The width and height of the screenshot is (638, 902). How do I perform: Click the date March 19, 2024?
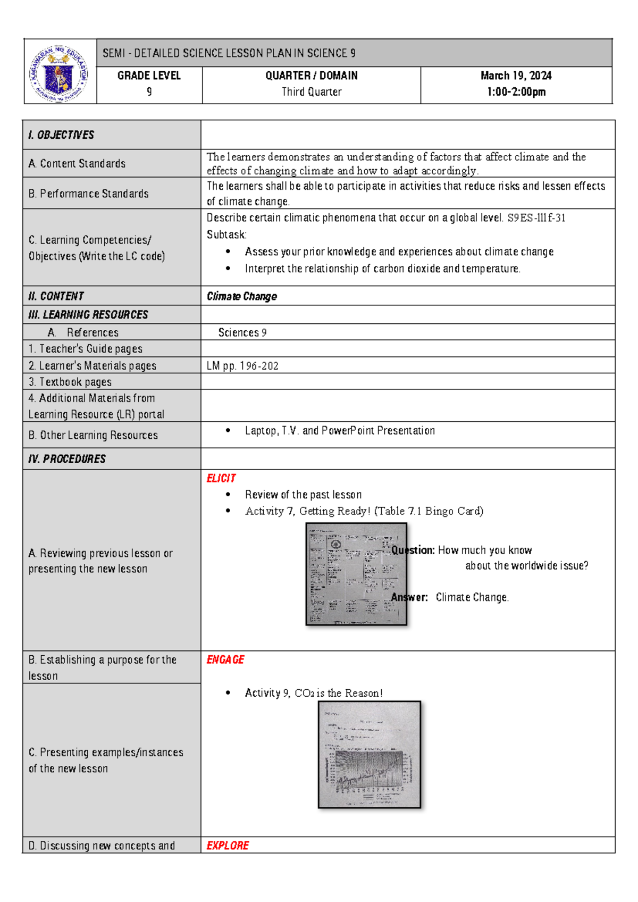(516, 76)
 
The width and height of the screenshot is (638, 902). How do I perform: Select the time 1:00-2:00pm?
(516, 92)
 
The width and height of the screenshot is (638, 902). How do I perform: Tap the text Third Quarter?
(312, 92)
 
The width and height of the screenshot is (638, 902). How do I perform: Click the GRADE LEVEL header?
(149, 76)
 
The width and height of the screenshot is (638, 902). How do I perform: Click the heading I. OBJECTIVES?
(61, 135)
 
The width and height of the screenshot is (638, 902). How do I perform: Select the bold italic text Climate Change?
(242, 296)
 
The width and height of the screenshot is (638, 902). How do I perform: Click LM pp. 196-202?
(242, 366)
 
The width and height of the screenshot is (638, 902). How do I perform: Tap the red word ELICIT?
(221, 478)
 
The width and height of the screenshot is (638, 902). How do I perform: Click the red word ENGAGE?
(225, 659)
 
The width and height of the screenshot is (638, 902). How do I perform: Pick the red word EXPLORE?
(228, 846)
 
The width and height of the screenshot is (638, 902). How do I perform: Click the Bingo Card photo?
(356, 573)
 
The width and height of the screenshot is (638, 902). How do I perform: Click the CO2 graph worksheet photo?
(370, 754)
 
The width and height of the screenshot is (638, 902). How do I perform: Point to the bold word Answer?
(409, 597)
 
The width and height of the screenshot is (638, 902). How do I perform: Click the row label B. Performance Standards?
(88, 194)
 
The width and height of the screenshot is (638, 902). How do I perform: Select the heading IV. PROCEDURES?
(67, 459)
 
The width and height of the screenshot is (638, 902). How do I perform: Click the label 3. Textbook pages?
(70, 382)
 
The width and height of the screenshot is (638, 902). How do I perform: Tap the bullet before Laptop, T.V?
(228, 431)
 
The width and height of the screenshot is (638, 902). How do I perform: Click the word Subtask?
(226, 235)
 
